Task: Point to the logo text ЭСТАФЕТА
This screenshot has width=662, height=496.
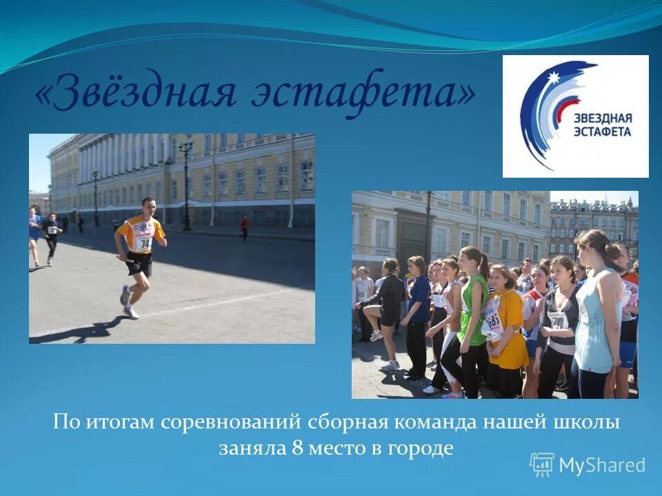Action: (602, 131)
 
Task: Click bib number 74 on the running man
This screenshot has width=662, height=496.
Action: (145, 243)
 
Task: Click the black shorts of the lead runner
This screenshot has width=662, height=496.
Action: (139, 264)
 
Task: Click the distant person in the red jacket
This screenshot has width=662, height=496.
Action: (243, 226)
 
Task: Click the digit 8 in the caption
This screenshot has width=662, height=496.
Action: (297, 448)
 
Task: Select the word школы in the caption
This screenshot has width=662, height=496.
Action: (593, 422)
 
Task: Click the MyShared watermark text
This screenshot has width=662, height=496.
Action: (601, 465)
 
